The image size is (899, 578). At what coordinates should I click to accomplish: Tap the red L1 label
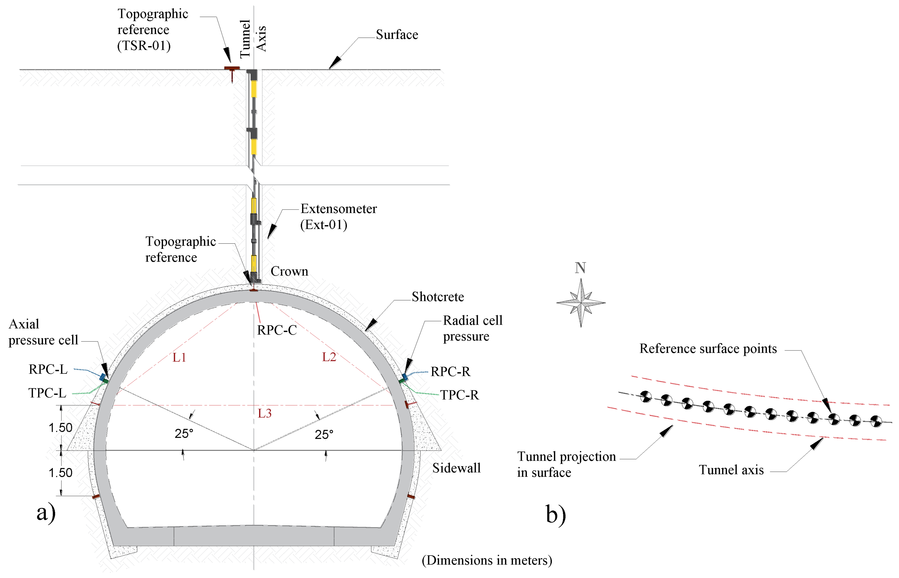pyautogui.click(x=179, y=357)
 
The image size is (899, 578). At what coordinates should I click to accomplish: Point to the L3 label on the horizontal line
pyautogui.click(x=264, y=413)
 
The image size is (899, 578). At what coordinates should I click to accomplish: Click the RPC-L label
pyautogui.click(x=48, y=369)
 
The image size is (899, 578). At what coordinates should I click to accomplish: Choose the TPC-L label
pyautogui.click(x=47, y=393)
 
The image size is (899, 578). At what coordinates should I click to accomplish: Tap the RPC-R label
pyautogui.click(x=450, y=372)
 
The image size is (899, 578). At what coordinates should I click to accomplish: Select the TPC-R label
pyautogui.click(x=459, y=395)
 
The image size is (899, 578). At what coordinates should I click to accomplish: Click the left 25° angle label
pyautogui.click(x=184, y=433)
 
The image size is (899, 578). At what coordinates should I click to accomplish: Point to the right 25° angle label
pyautogui.click(x=324, y=435)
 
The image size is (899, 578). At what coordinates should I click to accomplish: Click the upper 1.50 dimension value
pyautogui.click(x=60, y=427)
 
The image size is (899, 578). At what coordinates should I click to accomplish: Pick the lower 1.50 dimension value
pyautogui.click(x=60, y=473)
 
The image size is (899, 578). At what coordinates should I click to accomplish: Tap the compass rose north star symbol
pyautogui.click(x=581, y=302)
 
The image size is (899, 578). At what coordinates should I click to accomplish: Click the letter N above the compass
pyautogui.click(x=580, y=268)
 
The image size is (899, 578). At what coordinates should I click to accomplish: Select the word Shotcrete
pyautogui.click(x=438, y=297)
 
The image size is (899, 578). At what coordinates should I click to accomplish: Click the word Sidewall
pyautogui.click(x=456, y=468)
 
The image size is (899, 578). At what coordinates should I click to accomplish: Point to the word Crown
pyautogui.click(x=289, y=271)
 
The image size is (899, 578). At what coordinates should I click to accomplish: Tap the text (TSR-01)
pyautogui.click(x=144, y=46)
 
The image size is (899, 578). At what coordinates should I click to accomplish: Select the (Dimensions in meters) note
pyautogui.click(x=487, y=560)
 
